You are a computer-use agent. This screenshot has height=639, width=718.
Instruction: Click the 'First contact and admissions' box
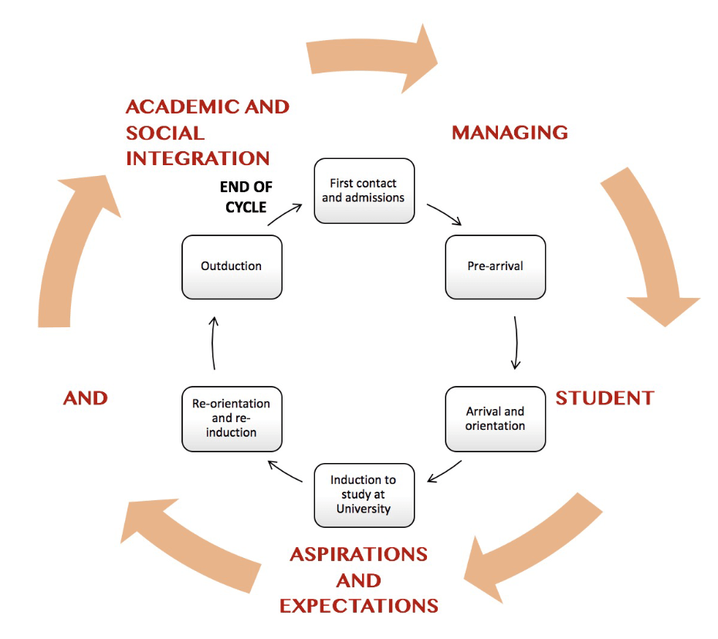pyautogui.click(x=364, y=191)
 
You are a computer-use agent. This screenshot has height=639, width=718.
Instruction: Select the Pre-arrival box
pyautogui.click(x=495, y=266)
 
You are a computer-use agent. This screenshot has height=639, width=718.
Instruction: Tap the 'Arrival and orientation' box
pyautogui.click(x=495, y=419)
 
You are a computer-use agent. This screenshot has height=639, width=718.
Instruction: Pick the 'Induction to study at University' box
pyautogui.click(x=364, y=494)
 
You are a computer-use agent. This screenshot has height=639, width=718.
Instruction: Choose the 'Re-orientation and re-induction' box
pyautogui.click(x=232, y=418)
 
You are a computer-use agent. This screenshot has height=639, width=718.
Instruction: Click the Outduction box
pyautogui.click(x=232, y=266)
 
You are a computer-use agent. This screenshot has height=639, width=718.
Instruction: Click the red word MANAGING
pyautogui.click(x=510, y=133)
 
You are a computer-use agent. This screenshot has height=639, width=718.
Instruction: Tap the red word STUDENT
pyautogui.click(x=605, y=398)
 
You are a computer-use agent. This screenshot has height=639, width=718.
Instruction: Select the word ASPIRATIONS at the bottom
pyautogui.click(x=358, y=554)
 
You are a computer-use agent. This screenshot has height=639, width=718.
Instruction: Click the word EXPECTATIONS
pyautogui.click(x=358, y=605)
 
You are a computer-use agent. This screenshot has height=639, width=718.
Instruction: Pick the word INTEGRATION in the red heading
pyautogui.click(x=198, y=158)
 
